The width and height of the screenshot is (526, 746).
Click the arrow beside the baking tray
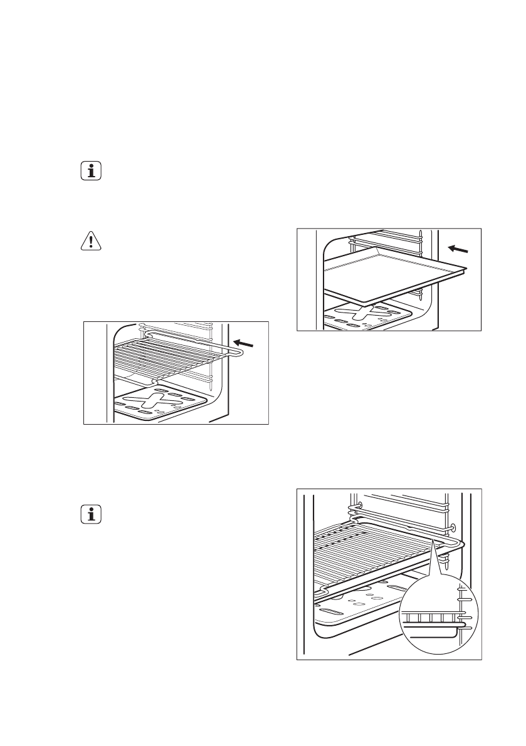click(458, 249)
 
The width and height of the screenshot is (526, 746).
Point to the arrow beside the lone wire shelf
click(245, 343)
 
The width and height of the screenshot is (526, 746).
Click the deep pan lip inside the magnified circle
click(433, 627)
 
